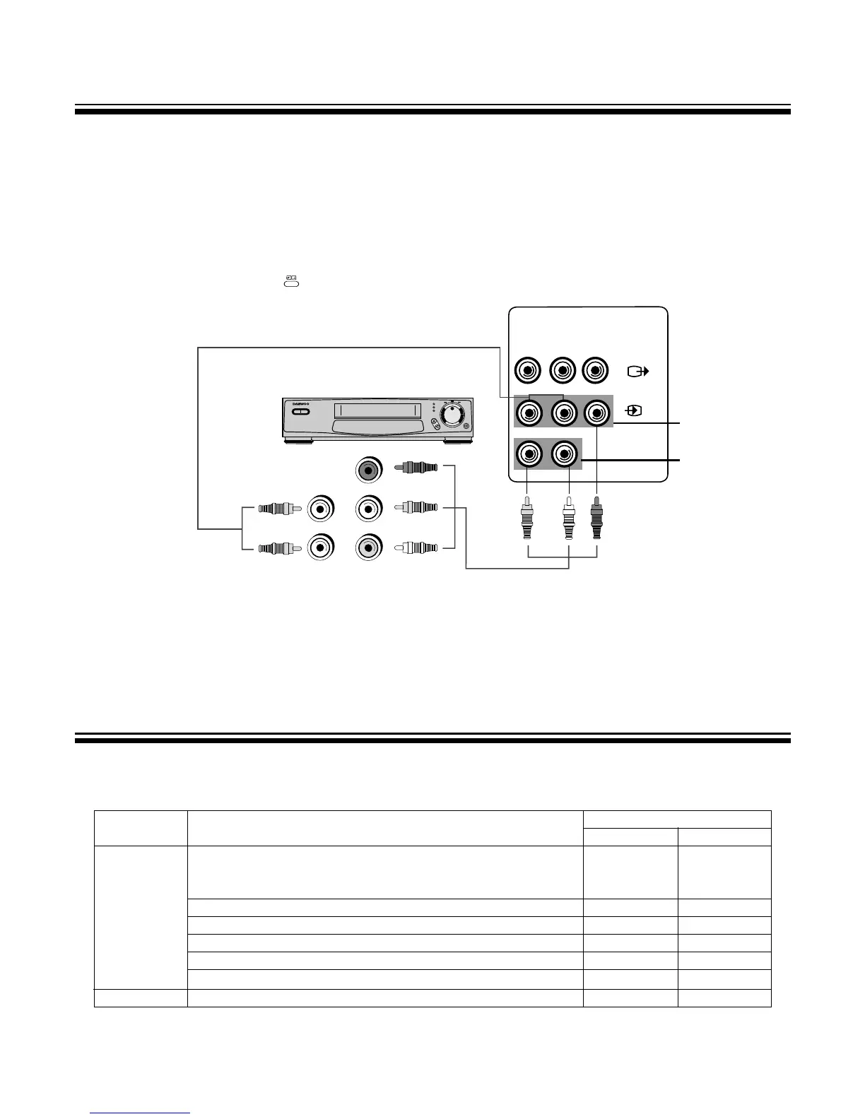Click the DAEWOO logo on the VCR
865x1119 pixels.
tap(301, 403)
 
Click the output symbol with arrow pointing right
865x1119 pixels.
tap(637, 371)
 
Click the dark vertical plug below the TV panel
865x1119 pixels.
tap(597, 520)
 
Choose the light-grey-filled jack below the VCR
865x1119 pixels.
tap(367, 547)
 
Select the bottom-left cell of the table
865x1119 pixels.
tap(140, 997)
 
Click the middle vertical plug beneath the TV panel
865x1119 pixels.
tap(567, 520)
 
